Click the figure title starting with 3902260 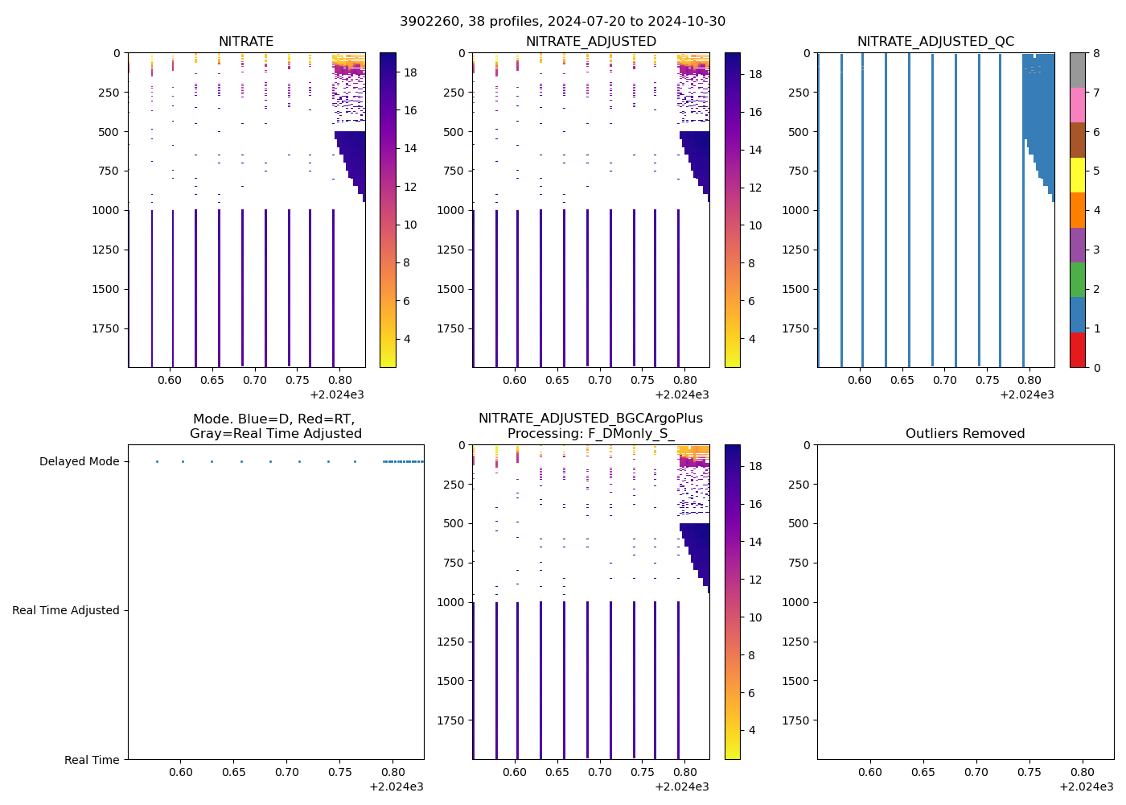562,21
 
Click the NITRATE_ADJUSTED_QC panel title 935,42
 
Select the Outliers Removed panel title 964,434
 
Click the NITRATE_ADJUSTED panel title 590,42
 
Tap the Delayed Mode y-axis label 79,462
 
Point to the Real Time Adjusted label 65,611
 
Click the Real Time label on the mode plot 92,760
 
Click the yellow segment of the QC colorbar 1077,175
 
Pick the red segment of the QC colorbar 1077,350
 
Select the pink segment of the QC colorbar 1077,105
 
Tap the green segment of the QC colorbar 1077,280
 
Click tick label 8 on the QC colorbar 1095,54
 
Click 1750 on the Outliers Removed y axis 796,720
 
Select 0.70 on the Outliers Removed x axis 976,773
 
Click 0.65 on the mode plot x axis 233,773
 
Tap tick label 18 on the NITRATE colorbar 410,72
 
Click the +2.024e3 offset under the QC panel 1027,395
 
